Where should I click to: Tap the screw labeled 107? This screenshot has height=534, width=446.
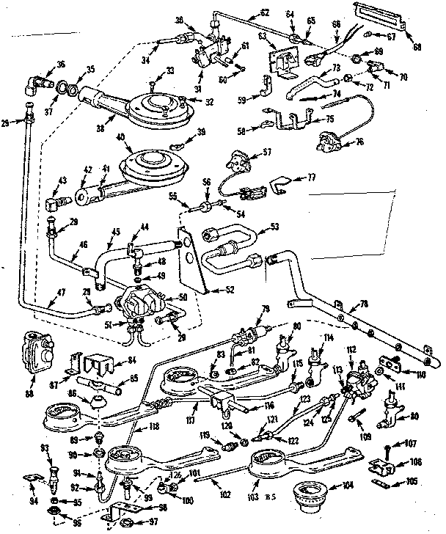point(385,447)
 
